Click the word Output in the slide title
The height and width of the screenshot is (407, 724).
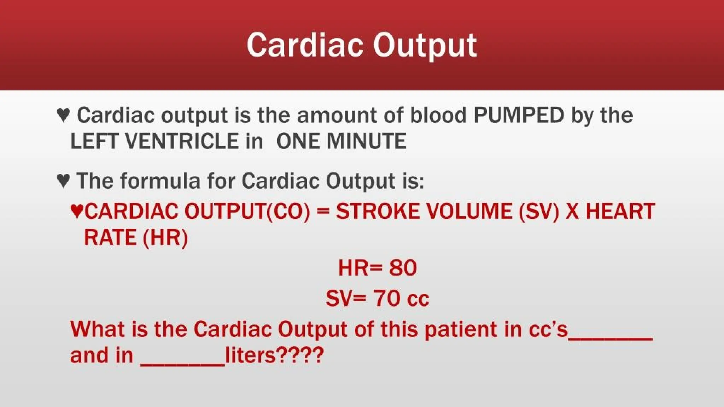(425, 45)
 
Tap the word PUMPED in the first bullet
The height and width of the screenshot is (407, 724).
(519, 115)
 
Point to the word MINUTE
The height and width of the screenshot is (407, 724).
(366, 141)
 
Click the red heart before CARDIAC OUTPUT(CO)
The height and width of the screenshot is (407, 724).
(77, 211)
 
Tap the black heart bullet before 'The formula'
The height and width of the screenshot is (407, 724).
(63, 181)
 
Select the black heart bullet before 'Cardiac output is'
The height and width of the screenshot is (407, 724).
(63, 115)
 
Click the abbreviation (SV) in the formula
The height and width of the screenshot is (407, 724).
(539, 211)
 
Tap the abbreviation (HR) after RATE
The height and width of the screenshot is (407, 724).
(165, 237)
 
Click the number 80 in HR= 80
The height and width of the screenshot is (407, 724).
(403, 268)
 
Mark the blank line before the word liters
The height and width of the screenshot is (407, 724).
(182, 364)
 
